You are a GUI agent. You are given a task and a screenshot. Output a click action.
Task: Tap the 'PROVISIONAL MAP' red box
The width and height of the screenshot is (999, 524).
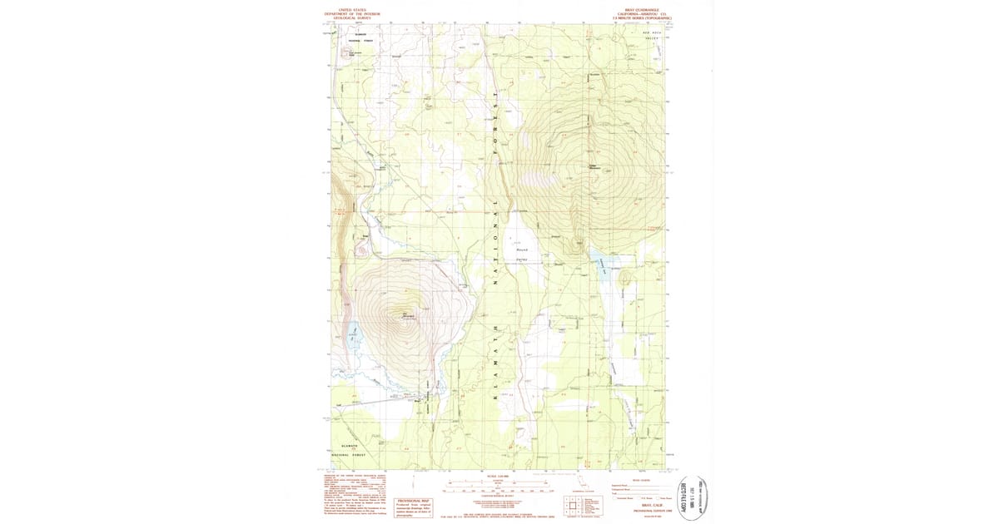click(414, 490)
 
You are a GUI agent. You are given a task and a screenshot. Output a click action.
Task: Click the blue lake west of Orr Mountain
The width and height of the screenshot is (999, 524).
click(353, 336)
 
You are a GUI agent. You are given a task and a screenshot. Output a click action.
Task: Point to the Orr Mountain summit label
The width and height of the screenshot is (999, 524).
click(409, 315)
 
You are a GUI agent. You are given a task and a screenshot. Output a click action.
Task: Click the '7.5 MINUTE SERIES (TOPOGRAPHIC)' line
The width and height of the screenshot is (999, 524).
click(642, 17)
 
